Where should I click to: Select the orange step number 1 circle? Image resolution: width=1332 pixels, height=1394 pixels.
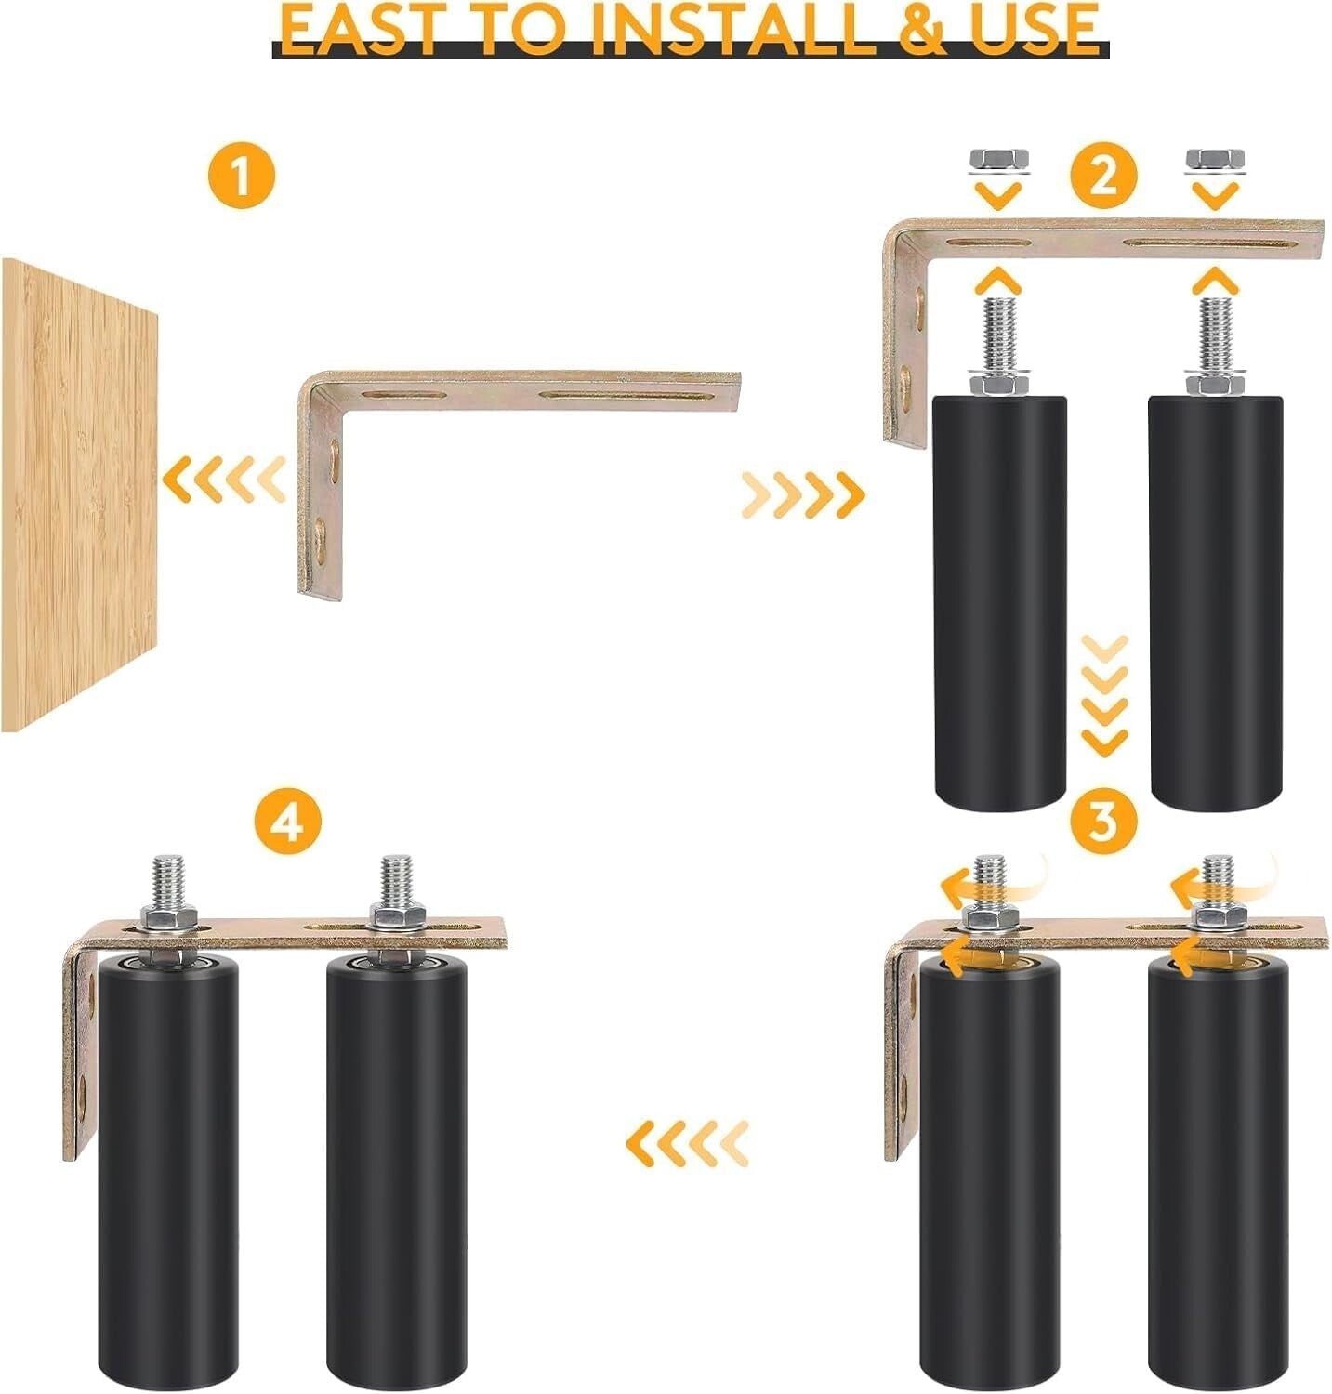[x=242, y=176]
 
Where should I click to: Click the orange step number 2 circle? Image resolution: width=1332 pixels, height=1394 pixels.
[x=1103, y=176]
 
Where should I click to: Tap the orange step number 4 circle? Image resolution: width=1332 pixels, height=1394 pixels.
[x=288, y=822]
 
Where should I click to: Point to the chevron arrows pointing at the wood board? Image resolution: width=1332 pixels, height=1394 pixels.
[x=224, y=480]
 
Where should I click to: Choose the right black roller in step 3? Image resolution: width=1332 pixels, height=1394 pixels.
[x=1218, y=1171]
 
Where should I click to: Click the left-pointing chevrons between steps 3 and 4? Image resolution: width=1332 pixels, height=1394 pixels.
[x=687, y=1143]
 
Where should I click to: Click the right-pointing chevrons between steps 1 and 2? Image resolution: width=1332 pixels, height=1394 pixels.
[x=804, y=494]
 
